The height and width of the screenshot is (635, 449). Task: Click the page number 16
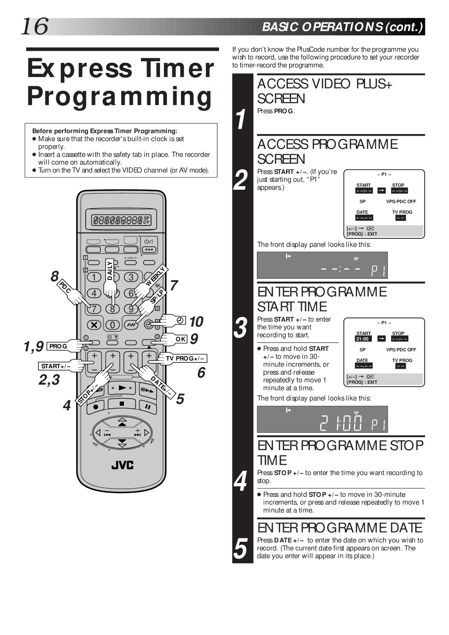pyautogui.click(x=35, y=26)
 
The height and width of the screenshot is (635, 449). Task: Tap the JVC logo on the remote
pyautogui.click(x=122, y=465)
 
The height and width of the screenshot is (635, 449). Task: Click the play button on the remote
pyautogui.click(x=122, y=388)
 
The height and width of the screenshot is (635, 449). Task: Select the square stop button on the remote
pyautogui.click(x=122, y=404)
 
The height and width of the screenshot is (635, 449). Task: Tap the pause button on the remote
pyautogui.click(x=147, y=405)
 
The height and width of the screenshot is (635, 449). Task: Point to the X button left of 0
pyautogui.click(x=94, y=325)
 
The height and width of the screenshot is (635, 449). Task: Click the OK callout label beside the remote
pyautogui.click(x=180, y=339)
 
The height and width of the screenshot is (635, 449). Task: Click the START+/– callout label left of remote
pyautogui.click(x=56, y=366)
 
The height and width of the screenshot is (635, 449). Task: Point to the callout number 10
pyautogui.click(x=196, y=322)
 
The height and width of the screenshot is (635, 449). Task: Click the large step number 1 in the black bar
pyautogui.click(x=241, y=120)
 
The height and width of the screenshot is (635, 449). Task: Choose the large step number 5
pyautogui.click(x=240, y=548)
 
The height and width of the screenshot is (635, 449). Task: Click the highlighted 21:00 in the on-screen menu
pyautogui.click(x=363, y=339)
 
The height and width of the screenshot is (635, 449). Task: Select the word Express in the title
pyautogui.click(x=79, y=68)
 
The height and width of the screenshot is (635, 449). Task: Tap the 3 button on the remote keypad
pyautogui.click(x=131, y=277)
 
